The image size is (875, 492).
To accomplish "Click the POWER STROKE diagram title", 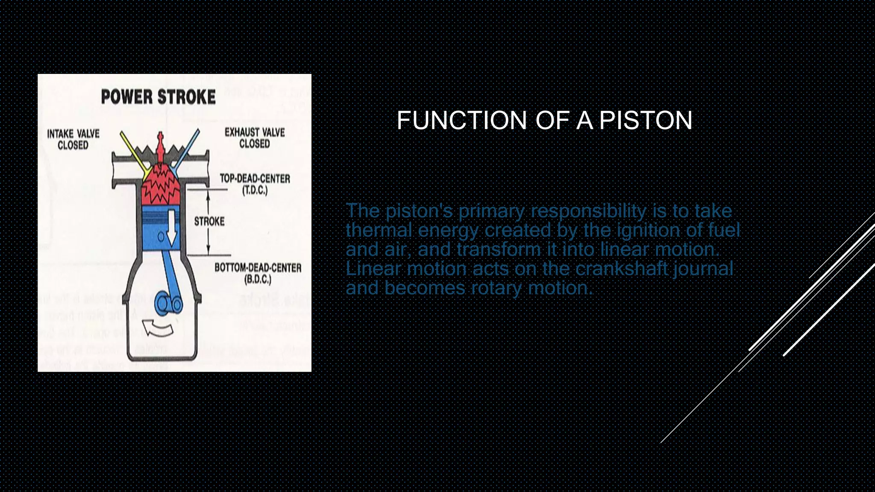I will [x=158, y=97].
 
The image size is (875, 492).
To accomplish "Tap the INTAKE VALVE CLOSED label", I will [x=73, y=140].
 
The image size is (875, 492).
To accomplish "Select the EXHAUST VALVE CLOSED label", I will [x=255, y=138].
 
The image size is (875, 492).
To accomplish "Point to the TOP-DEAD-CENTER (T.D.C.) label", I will [x=255, y=184].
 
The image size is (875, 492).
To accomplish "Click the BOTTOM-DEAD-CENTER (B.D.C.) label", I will [x=258, y=273].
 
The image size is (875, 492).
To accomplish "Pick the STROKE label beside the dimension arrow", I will [x=209, y=221].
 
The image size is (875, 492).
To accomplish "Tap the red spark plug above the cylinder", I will [x=160, y=147].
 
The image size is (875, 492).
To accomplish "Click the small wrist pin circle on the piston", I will [x=161, y=236].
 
